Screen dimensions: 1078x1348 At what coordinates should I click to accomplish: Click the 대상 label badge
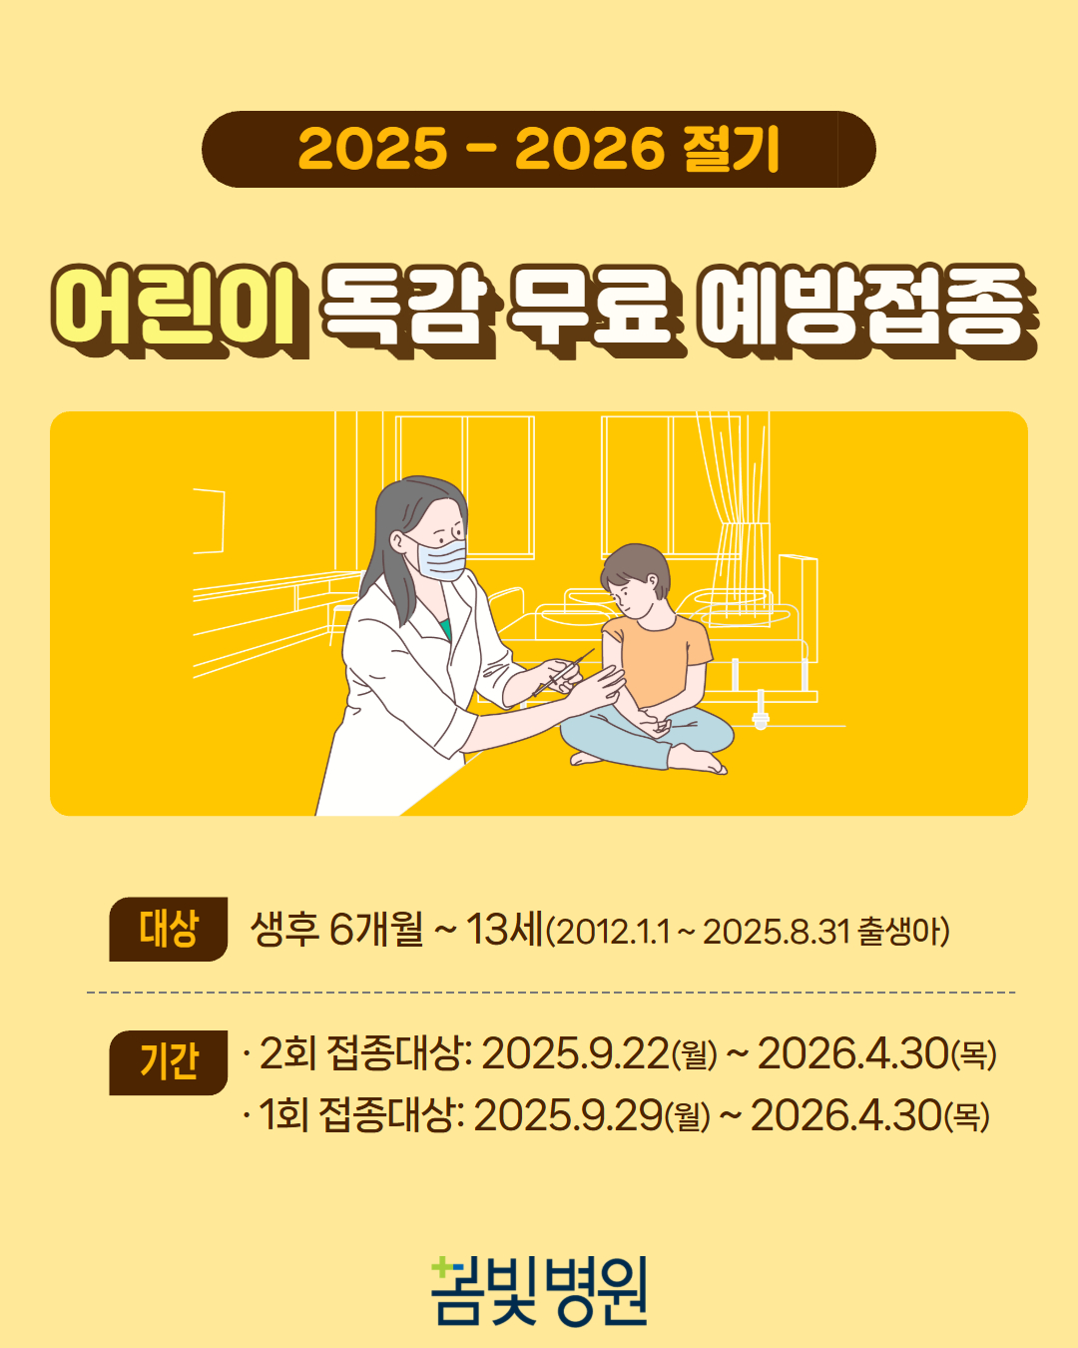[168, 929]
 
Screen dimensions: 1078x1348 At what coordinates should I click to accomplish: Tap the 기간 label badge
[168, 1062]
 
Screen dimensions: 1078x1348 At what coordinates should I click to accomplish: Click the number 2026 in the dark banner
[590, 149]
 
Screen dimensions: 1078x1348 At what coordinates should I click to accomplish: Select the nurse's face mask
[441, 557]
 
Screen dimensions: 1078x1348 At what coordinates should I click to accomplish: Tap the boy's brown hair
[636, 567]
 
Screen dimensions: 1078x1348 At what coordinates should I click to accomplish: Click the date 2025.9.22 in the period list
[575, 1053]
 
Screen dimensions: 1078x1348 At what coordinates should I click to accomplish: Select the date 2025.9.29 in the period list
[568, 1115]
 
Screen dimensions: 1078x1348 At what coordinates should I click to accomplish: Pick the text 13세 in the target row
[504, 929]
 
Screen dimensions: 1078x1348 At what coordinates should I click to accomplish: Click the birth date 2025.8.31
[777, 932]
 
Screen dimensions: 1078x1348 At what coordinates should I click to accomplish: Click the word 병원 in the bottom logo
[596, 1292]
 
